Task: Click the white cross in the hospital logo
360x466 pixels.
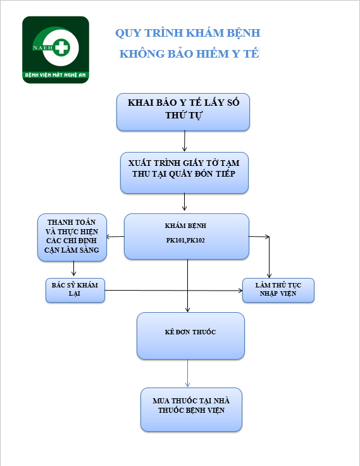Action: (62, 47)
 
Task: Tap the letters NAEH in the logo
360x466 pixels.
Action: (43, 47)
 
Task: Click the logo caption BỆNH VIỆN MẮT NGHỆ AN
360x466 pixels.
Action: (55, 75)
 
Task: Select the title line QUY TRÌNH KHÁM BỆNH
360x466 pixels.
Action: (188, 33)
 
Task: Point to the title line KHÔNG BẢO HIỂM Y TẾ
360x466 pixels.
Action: (189, 54)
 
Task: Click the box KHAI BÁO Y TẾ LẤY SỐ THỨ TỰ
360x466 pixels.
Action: (183, 112)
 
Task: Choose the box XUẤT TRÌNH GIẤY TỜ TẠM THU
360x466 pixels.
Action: (184, 173)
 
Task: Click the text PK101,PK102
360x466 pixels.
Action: (185, 241)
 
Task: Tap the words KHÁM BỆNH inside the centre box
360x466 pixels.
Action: (185, 226)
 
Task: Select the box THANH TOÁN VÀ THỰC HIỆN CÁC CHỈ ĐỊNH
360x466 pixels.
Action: (72, 237)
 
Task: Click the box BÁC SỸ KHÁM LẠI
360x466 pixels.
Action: (75, 291)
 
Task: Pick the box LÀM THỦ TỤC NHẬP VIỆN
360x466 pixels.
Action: (278, 291)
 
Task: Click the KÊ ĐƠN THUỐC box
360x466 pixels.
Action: (190, 336)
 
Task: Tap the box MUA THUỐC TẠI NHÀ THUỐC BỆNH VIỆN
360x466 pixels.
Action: (191, 410)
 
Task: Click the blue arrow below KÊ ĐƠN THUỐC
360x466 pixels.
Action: (187, 374)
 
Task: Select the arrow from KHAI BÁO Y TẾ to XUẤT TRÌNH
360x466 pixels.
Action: (185, 141)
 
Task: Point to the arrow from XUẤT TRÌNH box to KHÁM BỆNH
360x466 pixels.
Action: (185, 202)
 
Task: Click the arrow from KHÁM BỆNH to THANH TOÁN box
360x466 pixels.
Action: (115, 237)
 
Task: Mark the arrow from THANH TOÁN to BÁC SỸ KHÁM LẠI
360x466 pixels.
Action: (73, 268)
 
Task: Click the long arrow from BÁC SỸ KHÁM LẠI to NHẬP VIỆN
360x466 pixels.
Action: (174, 291)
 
